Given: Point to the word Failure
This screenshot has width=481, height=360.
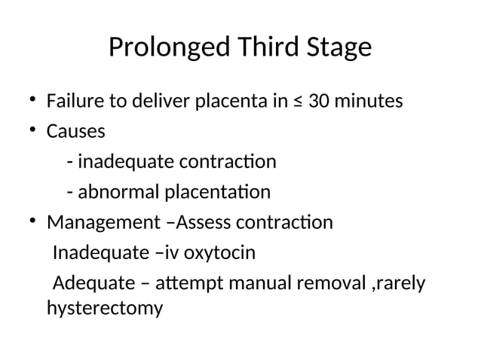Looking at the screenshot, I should tap(74, 100).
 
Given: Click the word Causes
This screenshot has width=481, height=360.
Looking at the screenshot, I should tap(76, 131).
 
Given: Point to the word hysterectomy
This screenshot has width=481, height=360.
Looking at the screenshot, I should tap(104, 308).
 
